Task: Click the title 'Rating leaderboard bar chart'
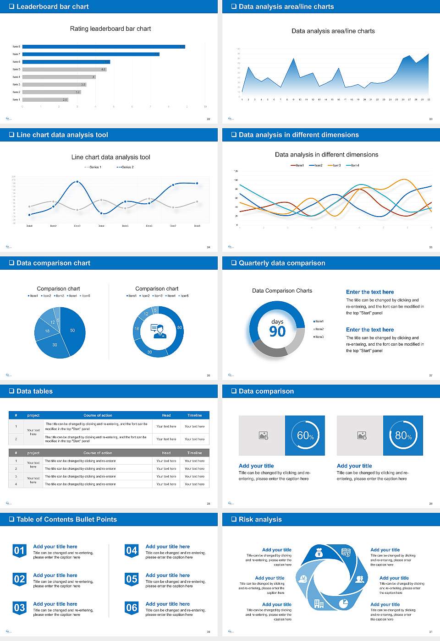tap(110, 29)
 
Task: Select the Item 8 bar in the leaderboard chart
tap(104, 47)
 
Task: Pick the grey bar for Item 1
tap(45, 99)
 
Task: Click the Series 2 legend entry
tap(125, 167)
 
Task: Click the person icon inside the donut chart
tap(158, 331)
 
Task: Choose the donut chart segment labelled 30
tap(150, 352)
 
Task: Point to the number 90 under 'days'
tap(277, 331)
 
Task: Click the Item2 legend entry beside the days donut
tap(319, 329)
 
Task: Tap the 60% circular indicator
tap(305, 435)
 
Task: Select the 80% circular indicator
tap(403, 435)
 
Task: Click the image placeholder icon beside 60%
tap(264, 435)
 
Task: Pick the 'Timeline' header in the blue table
tap(194, 415)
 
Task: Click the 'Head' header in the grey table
tap(166, 453)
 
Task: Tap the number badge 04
tap(132, 550)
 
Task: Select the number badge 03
tap(19, 608)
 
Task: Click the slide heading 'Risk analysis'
tap(260, 520)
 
